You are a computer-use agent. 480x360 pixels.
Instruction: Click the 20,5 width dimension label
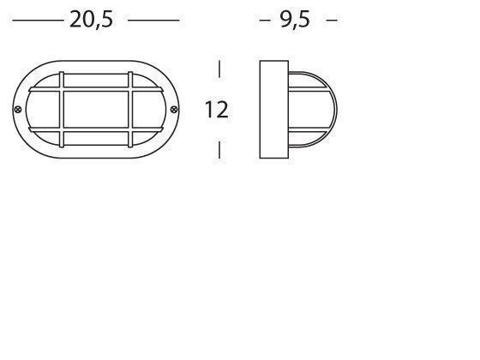coord(91,20)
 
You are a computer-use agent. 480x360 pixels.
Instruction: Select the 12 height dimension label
coord(216,110)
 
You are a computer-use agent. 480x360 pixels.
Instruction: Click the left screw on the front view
coord(19,109)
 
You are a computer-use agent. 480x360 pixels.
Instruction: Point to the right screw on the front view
coord(175,109)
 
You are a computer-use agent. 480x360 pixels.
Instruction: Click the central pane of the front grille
coord(97,110)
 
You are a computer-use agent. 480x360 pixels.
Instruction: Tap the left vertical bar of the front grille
coord(63,110)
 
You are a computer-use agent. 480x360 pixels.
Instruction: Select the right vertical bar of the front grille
coord(131,110)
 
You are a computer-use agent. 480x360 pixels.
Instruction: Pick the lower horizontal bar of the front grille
coord(97,131)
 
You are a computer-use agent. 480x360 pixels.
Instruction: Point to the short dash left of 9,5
coord(264,20)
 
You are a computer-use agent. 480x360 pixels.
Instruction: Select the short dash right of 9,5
coord(332,20)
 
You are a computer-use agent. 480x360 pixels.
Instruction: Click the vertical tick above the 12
coord(220,69)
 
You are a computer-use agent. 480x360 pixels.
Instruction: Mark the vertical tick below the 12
coord(220,149)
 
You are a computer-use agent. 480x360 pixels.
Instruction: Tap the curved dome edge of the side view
coord(335,110)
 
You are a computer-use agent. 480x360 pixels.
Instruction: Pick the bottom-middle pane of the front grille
coord(97,143)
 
